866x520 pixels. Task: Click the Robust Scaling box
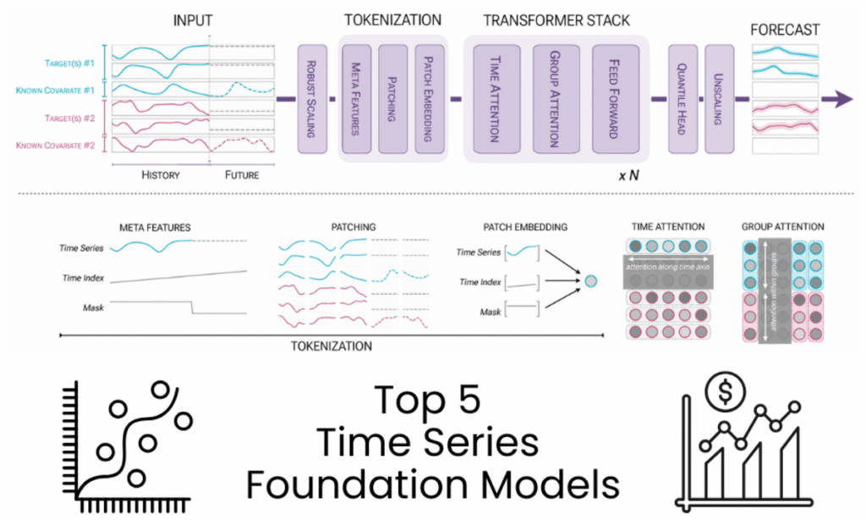[313, 99]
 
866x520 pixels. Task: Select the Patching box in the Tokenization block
[392, 100]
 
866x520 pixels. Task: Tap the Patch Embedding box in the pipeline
[430, 100]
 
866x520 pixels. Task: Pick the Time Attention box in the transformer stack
[496, 100]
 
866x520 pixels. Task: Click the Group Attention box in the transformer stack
[555, 100]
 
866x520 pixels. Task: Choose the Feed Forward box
[612, 100]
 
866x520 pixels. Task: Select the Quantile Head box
[682, 99]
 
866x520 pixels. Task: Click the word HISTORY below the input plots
[161, 175]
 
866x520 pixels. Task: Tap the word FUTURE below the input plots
[242, 175]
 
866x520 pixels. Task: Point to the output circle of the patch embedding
[590, 279]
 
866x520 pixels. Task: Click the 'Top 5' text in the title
[433, 399]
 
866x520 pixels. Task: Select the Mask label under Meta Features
[93, 307]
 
